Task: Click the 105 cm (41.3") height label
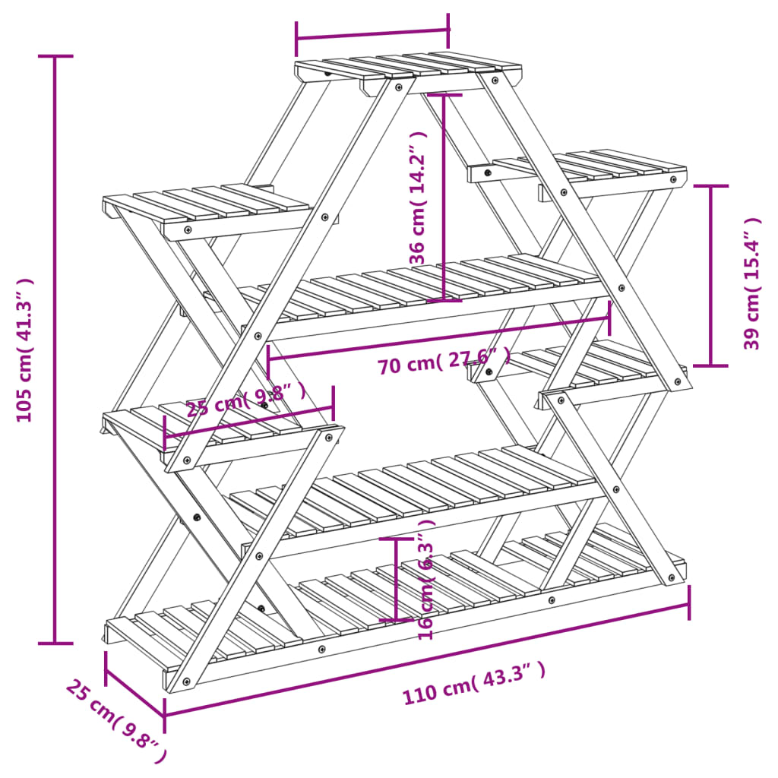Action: (24, 349)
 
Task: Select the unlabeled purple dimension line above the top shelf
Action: (372, 33)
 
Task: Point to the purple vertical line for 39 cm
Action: (711, 275)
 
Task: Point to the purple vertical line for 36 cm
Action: (444, 198)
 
